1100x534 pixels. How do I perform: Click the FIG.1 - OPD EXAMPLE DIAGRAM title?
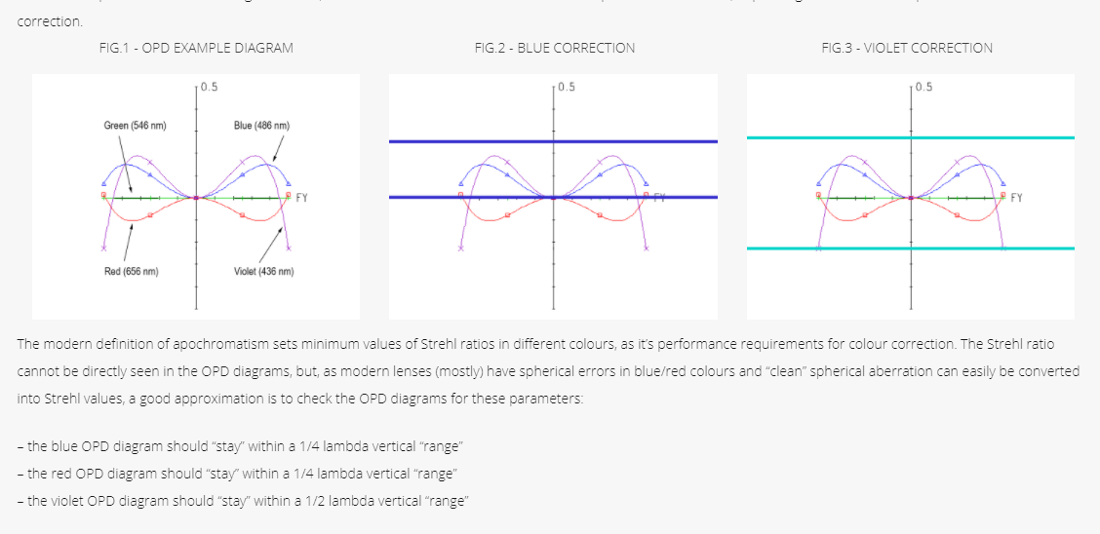[196, 48]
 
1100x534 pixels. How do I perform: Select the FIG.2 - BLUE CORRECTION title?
[554, 48]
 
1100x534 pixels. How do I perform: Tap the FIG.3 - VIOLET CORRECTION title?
[907, 48]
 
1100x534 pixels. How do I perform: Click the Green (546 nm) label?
[135, 126]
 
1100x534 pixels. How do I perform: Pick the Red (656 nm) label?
[132, 272]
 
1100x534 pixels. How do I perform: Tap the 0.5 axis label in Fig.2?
[567, 87]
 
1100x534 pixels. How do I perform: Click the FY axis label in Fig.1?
[302, 199]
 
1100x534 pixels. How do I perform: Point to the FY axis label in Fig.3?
[1017, 199]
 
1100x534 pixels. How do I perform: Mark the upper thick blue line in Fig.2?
[553, 141]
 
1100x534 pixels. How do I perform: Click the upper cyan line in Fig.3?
[911, 137]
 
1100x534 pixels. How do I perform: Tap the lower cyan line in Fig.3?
[911, 248]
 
